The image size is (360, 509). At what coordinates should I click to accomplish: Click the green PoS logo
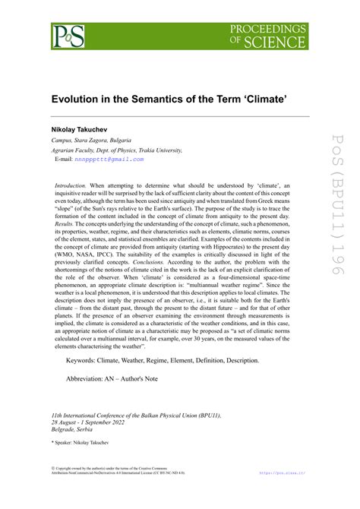pyautogui.click(x=68, y=36)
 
